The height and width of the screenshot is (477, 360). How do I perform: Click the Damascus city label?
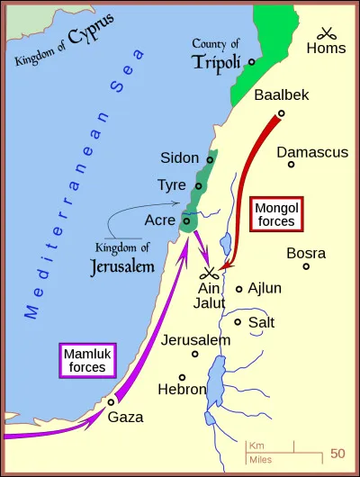click(311, 152)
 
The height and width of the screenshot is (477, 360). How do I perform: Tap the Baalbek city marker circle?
click(281, 113)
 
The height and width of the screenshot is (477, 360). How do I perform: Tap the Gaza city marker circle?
click(111, 401)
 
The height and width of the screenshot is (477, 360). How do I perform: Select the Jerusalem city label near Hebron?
click(196, 340)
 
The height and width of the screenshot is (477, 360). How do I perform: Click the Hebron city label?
click(181, 390)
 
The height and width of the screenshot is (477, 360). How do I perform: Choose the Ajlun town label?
click(265, 289)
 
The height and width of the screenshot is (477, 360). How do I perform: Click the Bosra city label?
click(306, 253)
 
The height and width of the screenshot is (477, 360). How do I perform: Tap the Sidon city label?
click(179, 158)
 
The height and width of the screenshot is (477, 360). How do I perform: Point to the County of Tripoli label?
click(219, 54)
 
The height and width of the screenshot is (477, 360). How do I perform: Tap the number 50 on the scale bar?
click(337, 453)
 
